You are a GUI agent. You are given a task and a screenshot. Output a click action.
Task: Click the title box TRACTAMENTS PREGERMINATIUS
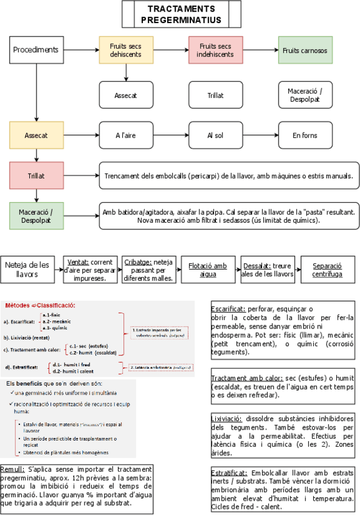(181, 15)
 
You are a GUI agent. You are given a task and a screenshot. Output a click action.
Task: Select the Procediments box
(36, 50)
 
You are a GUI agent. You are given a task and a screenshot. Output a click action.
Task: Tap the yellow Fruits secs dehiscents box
(126, 50)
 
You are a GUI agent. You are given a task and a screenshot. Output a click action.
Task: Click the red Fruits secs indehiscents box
(215, 50)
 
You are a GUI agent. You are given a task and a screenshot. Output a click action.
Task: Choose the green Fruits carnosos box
(305, 50)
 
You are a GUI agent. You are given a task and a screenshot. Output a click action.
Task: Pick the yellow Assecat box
(36, 136)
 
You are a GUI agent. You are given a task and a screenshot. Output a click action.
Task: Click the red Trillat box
(36, 175)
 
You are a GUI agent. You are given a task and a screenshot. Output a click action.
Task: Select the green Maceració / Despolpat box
(36, 215)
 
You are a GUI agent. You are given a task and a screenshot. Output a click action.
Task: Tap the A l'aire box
(126, 136)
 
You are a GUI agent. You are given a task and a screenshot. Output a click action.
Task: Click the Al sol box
(215, 136)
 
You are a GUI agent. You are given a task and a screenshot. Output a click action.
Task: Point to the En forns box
(305, 136)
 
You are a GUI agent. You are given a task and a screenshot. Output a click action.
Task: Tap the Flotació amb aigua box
(207, 270)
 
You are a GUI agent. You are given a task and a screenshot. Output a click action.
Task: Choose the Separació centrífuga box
(327, 270)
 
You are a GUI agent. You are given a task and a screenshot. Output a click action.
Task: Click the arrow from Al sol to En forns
(260, 136)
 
